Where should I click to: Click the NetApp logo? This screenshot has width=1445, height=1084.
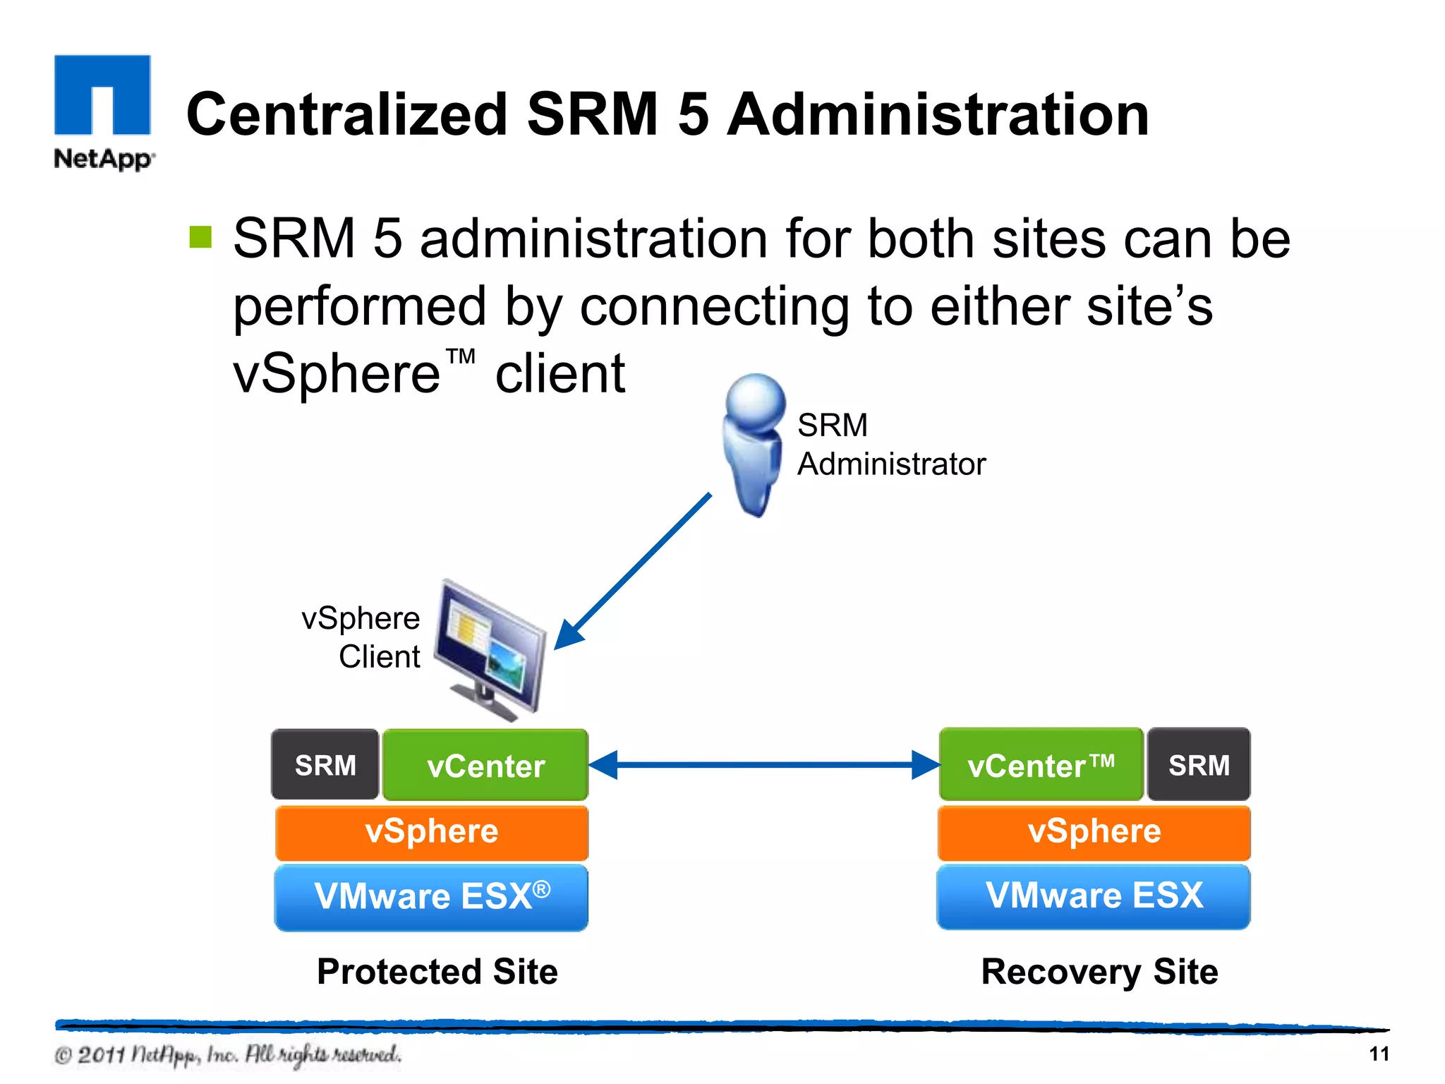point(103,112)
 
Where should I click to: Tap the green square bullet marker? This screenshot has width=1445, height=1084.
point(200,237)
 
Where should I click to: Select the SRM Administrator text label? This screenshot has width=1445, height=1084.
point(890,445)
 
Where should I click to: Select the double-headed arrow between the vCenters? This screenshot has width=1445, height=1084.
point(763,764)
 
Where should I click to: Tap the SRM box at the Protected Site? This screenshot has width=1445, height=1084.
point(325,765)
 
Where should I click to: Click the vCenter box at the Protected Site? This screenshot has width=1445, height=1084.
point(485,765)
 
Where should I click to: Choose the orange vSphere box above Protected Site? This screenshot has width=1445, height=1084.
point(431,832)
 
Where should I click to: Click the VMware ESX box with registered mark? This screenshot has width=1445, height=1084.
point(431,896)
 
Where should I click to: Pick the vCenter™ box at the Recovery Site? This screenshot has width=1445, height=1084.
point(1041,765)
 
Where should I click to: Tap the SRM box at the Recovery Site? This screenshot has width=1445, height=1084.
point(1198,765)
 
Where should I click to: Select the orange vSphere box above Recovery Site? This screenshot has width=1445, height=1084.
point(1094,832)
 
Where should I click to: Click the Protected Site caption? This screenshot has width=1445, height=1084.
point(437,972)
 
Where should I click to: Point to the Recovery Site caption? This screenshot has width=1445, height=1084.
point(1099,972)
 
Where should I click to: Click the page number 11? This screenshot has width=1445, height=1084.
point(1379,1054)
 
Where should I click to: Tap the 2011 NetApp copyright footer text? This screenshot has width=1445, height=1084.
point(228,1055)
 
